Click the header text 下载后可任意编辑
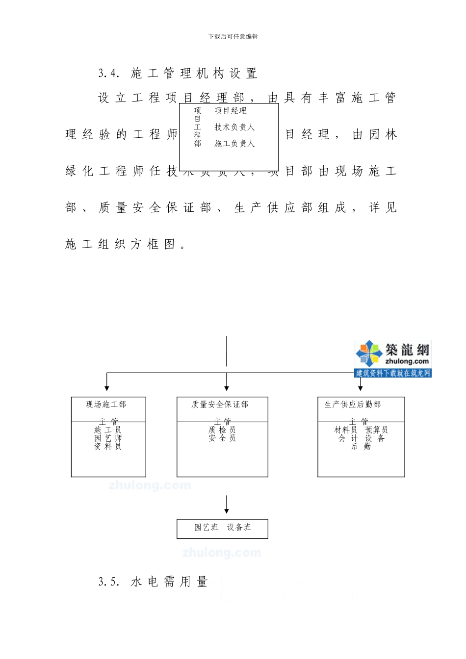point(233,36)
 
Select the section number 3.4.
point(109,74)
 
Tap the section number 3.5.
point(109,582)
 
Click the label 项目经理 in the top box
point(231,111)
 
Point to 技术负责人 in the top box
point(234,127)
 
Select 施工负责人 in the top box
point(234,143)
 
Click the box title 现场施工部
point(106,405)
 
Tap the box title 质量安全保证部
point(220,405)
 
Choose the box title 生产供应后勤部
point(353,405)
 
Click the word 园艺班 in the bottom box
point(206,527)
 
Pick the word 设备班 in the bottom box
point(239,527)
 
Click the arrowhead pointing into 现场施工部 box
point(107,388)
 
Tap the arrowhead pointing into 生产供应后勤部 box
point(361,388)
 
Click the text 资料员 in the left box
point(108,446)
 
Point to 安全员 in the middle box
point(222,438)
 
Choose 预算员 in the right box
point(376,430)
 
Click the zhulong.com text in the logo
point(407,361)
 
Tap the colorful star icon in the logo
point(368,354)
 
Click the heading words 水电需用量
point(169,582)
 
